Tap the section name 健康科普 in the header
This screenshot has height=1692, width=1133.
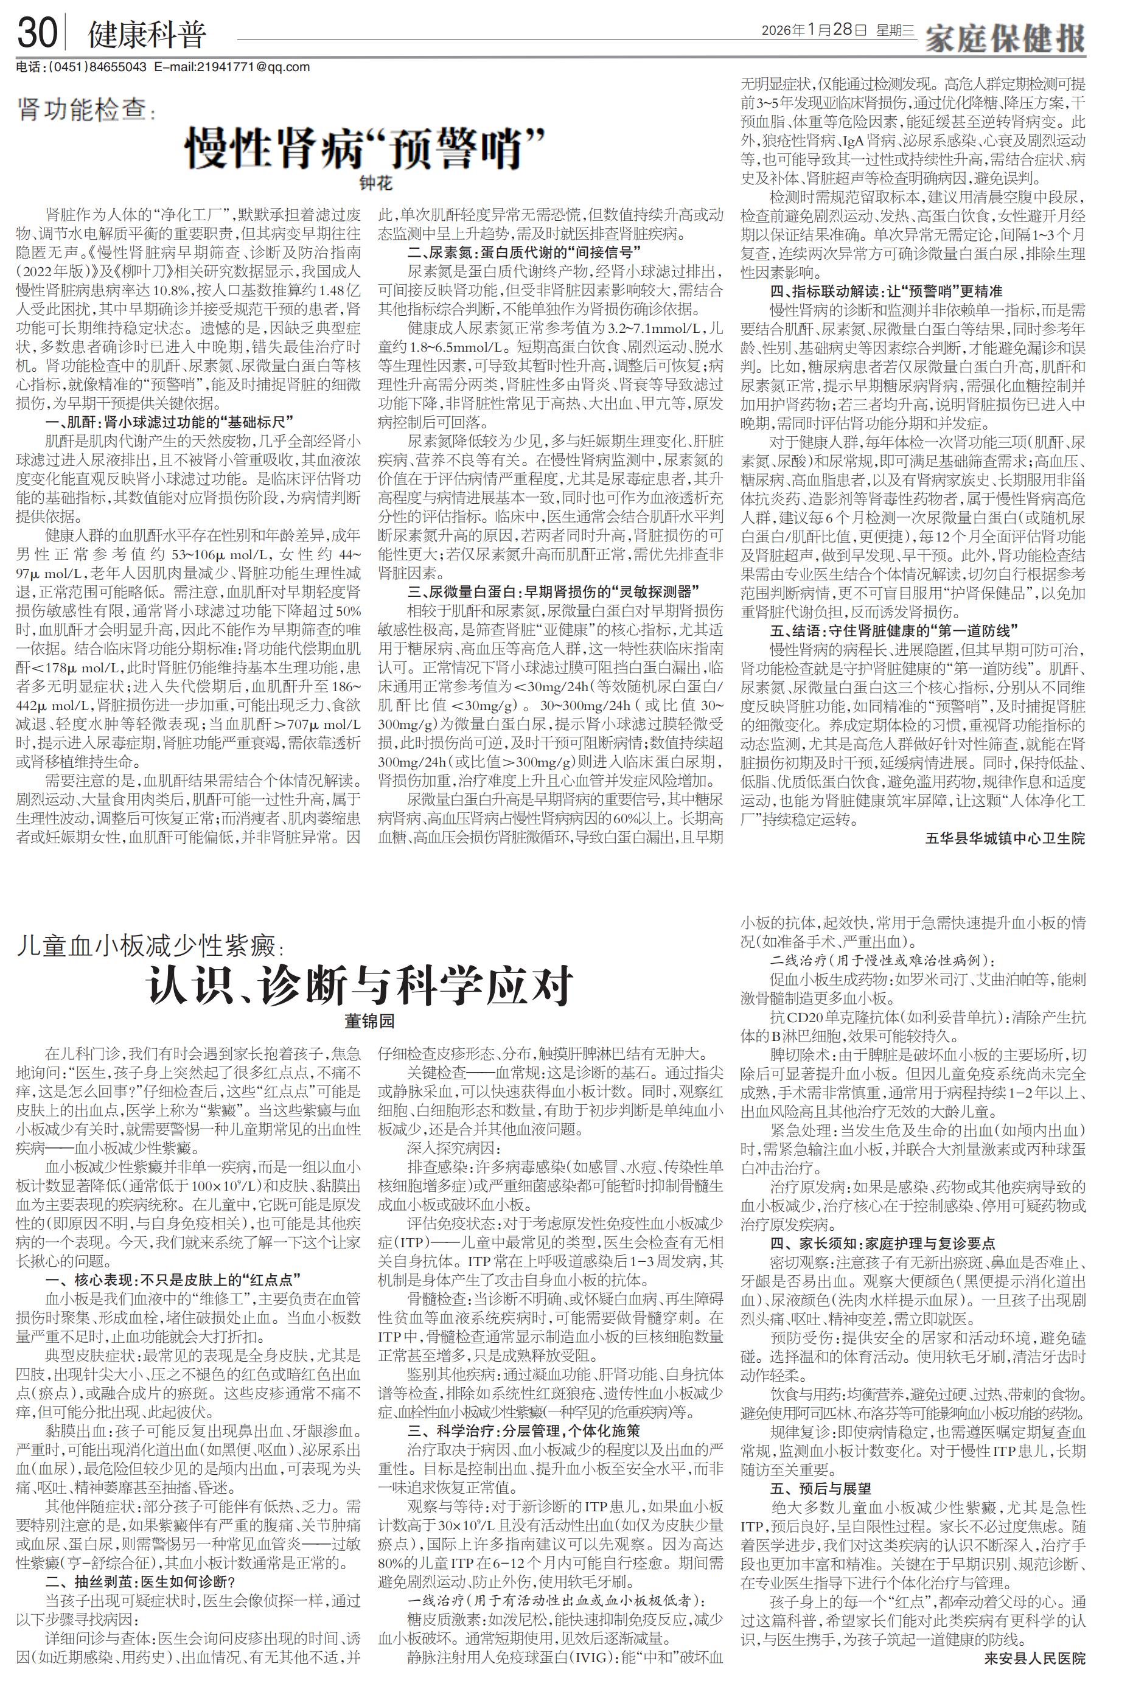pos(147,35)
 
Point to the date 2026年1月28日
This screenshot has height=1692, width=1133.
pos(814,30)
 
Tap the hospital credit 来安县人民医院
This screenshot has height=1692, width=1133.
pos(1034,1674)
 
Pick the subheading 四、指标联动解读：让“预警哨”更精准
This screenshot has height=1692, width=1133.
pos(886,291)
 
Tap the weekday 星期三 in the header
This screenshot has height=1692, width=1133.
pos(895,30)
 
